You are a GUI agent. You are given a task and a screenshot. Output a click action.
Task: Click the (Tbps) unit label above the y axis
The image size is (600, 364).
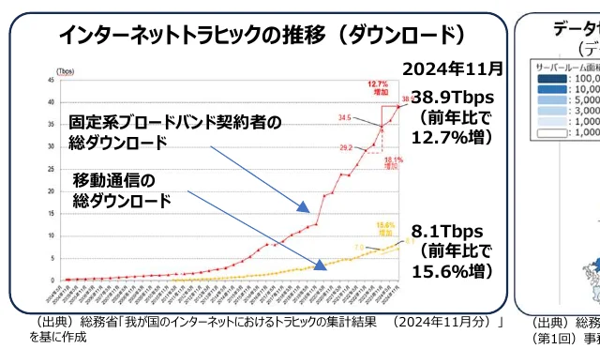point(66,71)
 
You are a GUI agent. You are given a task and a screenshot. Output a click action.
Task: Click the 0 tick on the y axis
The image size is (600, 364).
point(52,280)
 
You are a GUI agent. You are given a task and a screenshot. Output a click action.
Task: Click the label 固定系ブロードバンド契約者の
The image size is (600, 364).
point(175,123)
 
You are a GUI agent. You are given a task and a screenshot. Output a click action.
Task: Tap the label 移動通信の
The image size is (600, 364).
point(112,180)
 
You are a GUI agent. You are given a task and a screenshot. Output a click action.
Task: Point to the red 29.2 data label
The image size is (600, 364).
point(345,147)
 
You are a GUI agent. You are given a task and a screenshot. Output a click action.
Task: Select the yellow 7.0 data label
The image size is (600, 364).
point(358,248)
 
